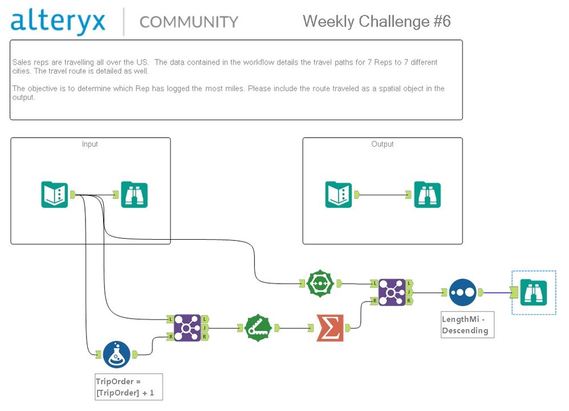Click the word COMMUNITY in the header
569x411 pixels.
point(189,22)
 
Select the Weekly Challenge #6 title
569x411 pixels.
point(377,21)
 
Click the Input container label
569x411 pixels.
point(90,144)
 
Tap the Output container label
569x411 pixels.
point(383,144)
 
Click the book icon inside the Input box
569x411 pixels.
point(55,195)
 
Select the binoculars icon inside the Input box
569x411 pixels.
point(135,195)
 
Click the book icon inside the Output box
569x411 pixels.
point(339,195)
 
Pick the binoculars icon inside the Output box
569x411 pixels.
point(428,195)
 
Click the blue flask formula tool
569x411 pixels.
point(116,354)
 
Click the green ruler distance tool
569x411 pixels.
point(259,328)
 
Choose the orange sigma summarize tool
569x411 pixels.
point(330,328)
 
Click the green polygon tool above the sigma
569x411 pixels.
point(320,283)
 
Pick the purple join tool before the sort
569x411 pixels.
point(392,292)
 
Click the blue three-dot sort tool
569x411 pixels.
point(462,292)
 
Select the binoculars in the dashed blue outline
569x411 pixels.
point(534,292)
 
